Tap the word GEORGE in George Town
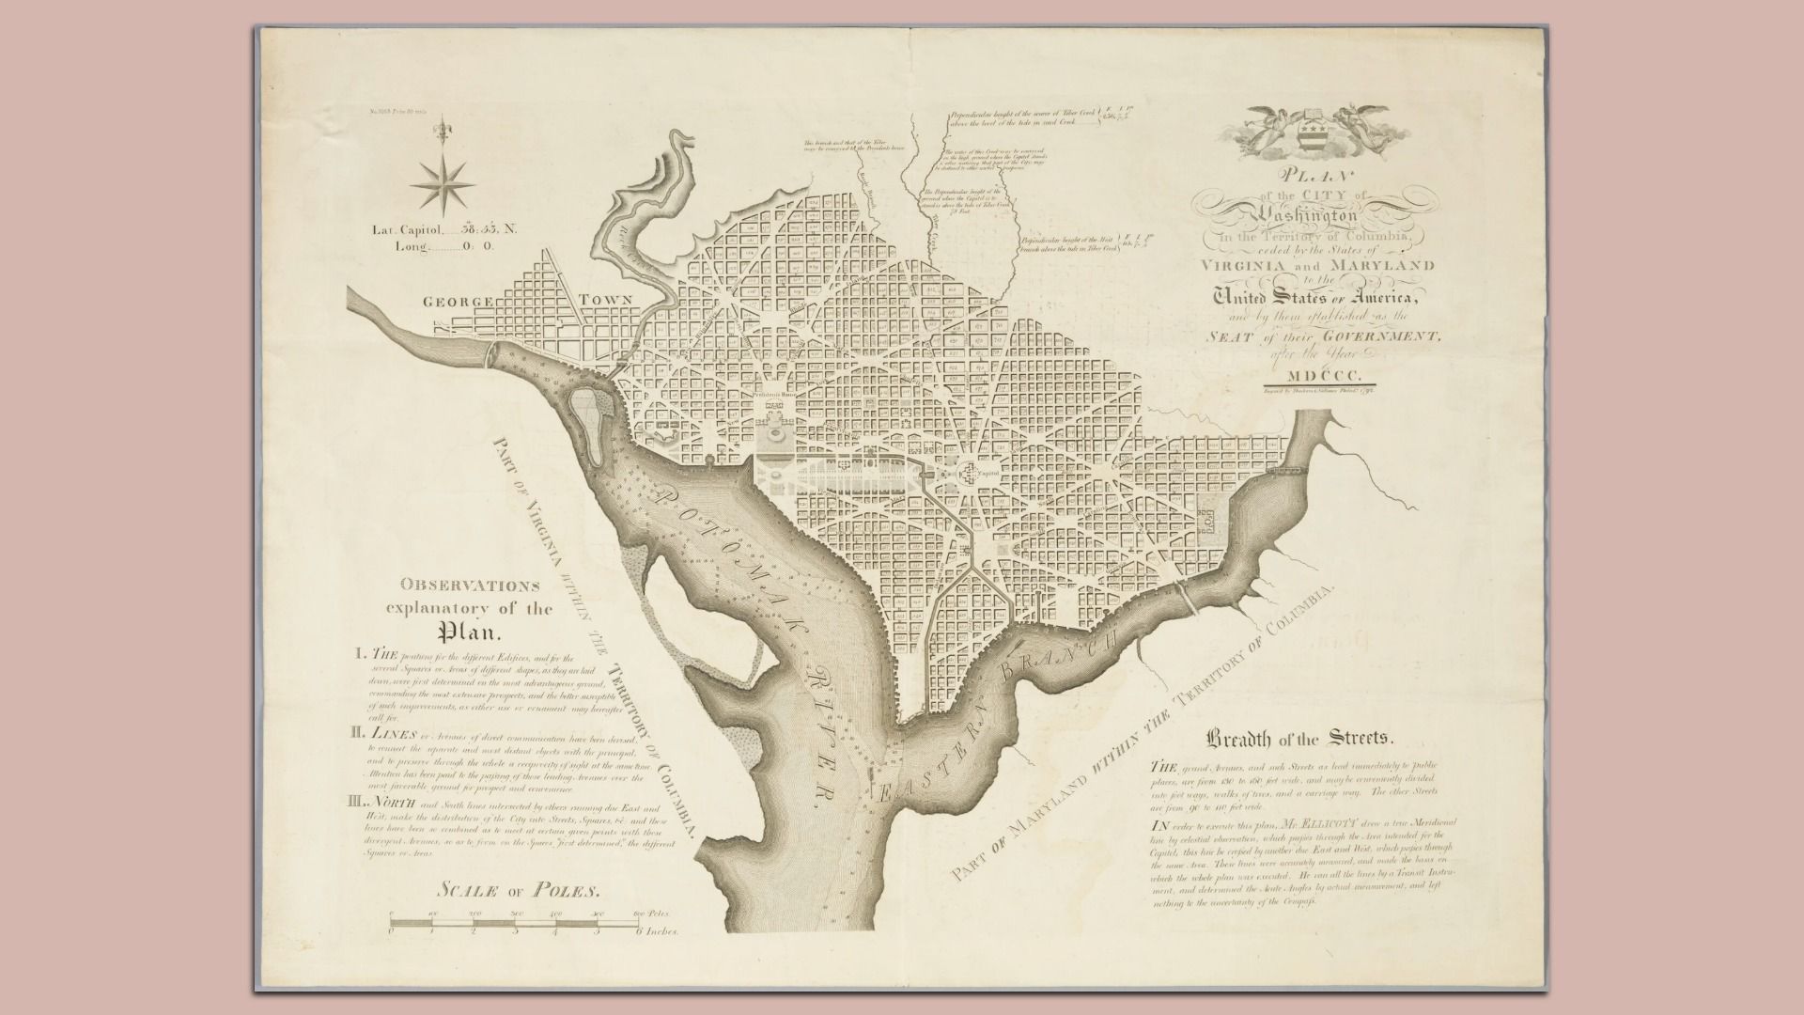[x=458, y=303]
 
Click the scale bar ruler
[x=515, y=924]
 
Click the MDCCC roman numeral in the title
[x=1311, y=377]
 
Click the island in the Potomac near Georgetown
[x=590, y=409]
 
